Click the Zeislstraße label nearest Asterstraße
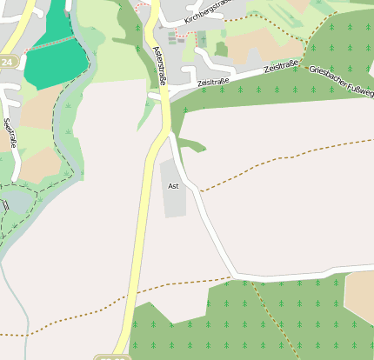[213, 82]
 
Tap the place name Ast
[173, 186]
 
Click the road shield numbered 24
[8, 63]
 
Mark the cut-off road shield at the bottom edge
[112, 357]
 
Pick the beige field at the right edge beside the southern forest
[360, 296]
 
